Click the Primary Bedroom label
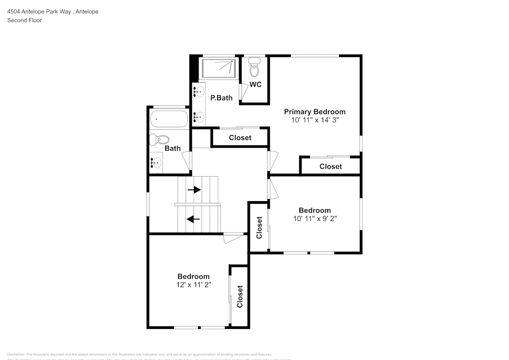(315, 112)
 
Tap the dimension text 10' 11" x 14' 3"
(315, 120)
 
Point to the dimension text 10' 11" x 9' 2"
(315, 218)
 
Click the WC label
(256, 85)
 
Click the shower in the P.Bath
(219, 68)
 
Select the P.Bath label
(221, 98)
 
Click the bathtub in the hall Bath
(169, 119)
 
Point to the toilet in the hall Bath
(161, 139)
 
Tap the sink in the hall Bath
(156, 163)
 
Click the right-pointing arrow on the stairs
(194, 190)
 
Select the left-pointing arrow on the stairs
(193, 219)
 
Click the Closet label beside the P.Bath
(240, 137)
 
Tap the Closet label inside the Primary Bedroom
(330, 167)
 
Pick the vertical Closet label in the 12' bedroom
(240, 296)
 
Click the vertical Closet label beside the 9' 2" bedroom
(259, 228)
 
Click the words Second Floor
(24, 20)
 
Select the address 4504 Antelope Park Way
(38, 11)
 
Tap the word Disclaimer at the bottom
(16, 354)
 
